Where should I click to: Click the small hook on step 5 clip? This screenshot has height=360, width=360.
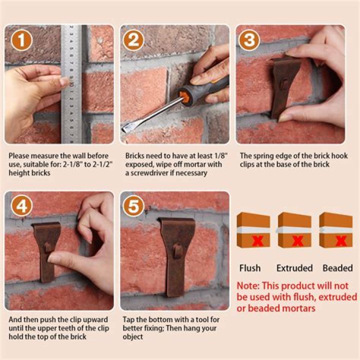click(177, 250)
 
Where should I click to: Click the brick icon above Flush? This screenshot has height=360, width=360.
click(253, 230)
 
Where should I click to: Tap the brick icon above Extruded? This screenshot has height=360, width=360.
click(294, 230)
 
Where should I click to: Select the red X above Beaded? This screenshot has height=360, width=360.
click(342, 241)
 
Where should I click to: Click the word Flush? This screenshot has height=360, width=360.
click(250, 268)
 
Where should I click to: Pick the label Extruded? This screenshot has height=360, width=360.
click(294, 268)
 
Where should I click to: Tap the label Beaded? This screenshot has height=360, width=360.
click(337, 268)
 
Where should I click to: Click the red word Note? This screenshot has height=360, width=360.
click(249, 286)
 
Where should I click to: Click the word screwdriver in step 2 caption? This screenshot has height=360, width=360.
click(148, 173)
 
